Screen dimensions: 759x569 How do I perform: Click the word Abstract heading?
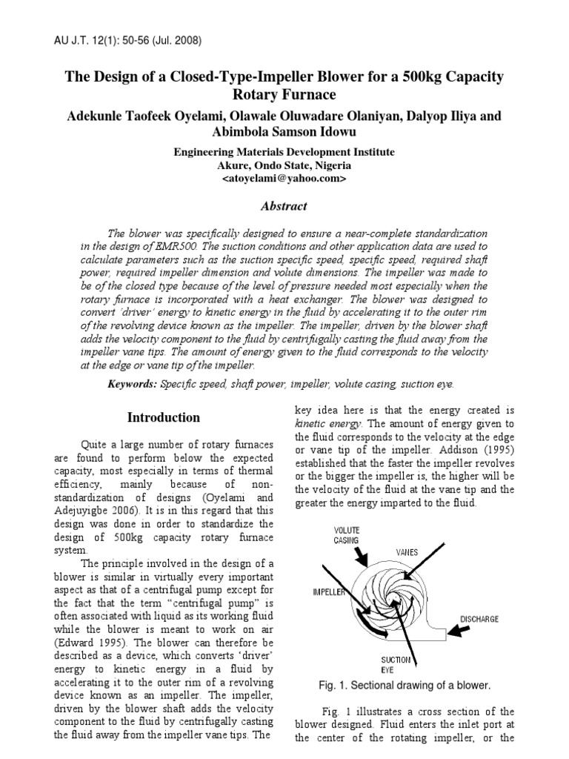284,206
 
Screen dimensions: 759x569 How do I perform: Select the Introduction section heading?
163,417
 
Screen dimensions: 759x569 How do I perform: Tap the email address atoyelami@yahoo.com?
284,179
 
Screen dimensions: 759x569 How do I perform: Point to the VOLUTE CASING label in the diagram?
346,535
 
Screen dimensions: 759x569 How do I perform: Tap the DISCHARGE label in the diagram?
479,618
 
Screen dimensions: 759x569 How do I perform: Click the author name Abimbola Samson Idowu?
284,133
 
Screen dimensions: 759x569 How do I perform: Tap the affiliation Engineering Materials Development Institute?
284,152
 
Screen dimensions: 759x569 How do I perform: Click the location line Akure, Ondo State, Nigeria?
284,165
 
